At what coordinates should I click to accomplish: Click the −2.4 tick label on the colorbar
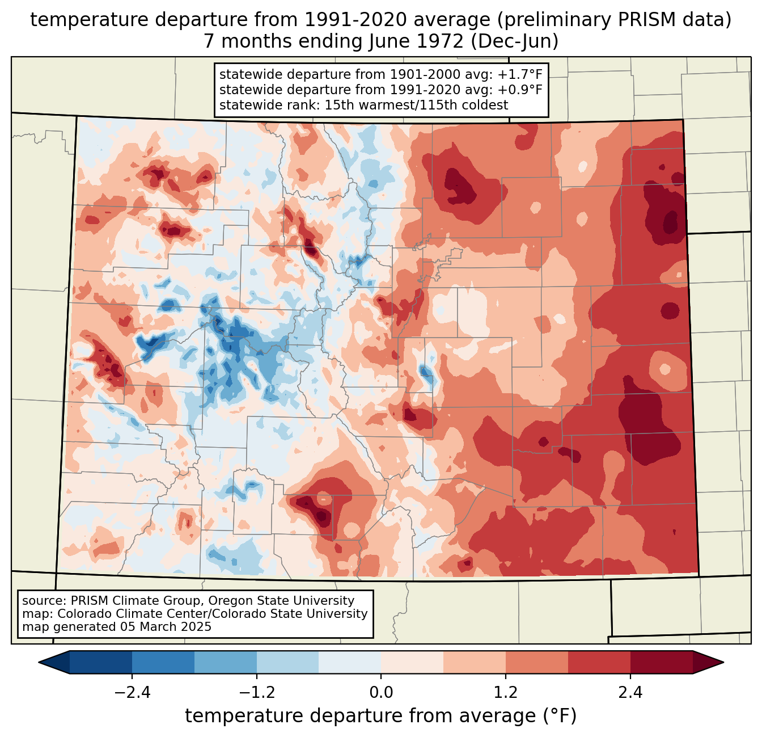point(132,693)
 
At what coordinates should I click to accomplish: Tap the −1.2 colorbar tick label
point(256,693)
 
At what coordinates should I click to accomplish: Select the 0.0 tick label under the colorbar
point(381,693)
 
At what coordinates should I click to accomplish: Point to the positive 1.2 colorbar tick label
point(506,693)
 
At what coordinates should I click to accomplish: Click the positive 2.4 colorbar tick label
point(630,693)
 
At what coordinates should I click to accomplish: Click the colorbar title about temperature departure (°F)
point(380,716)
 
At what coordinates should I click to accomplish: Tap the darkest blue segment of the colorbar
point(101,662)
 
